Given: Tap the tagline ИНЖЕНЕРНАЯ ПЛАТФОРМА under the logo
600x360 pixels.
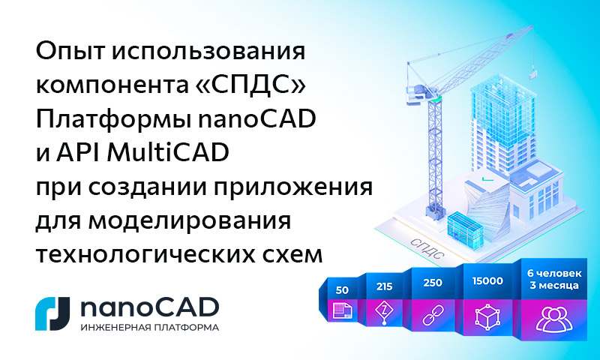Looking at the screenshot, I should pos(149,328).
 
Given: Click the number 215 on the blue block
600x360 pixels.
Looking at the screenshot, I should pos(385,286).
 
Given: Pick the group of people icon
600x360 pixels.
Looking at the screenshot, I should pos(550,316).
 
